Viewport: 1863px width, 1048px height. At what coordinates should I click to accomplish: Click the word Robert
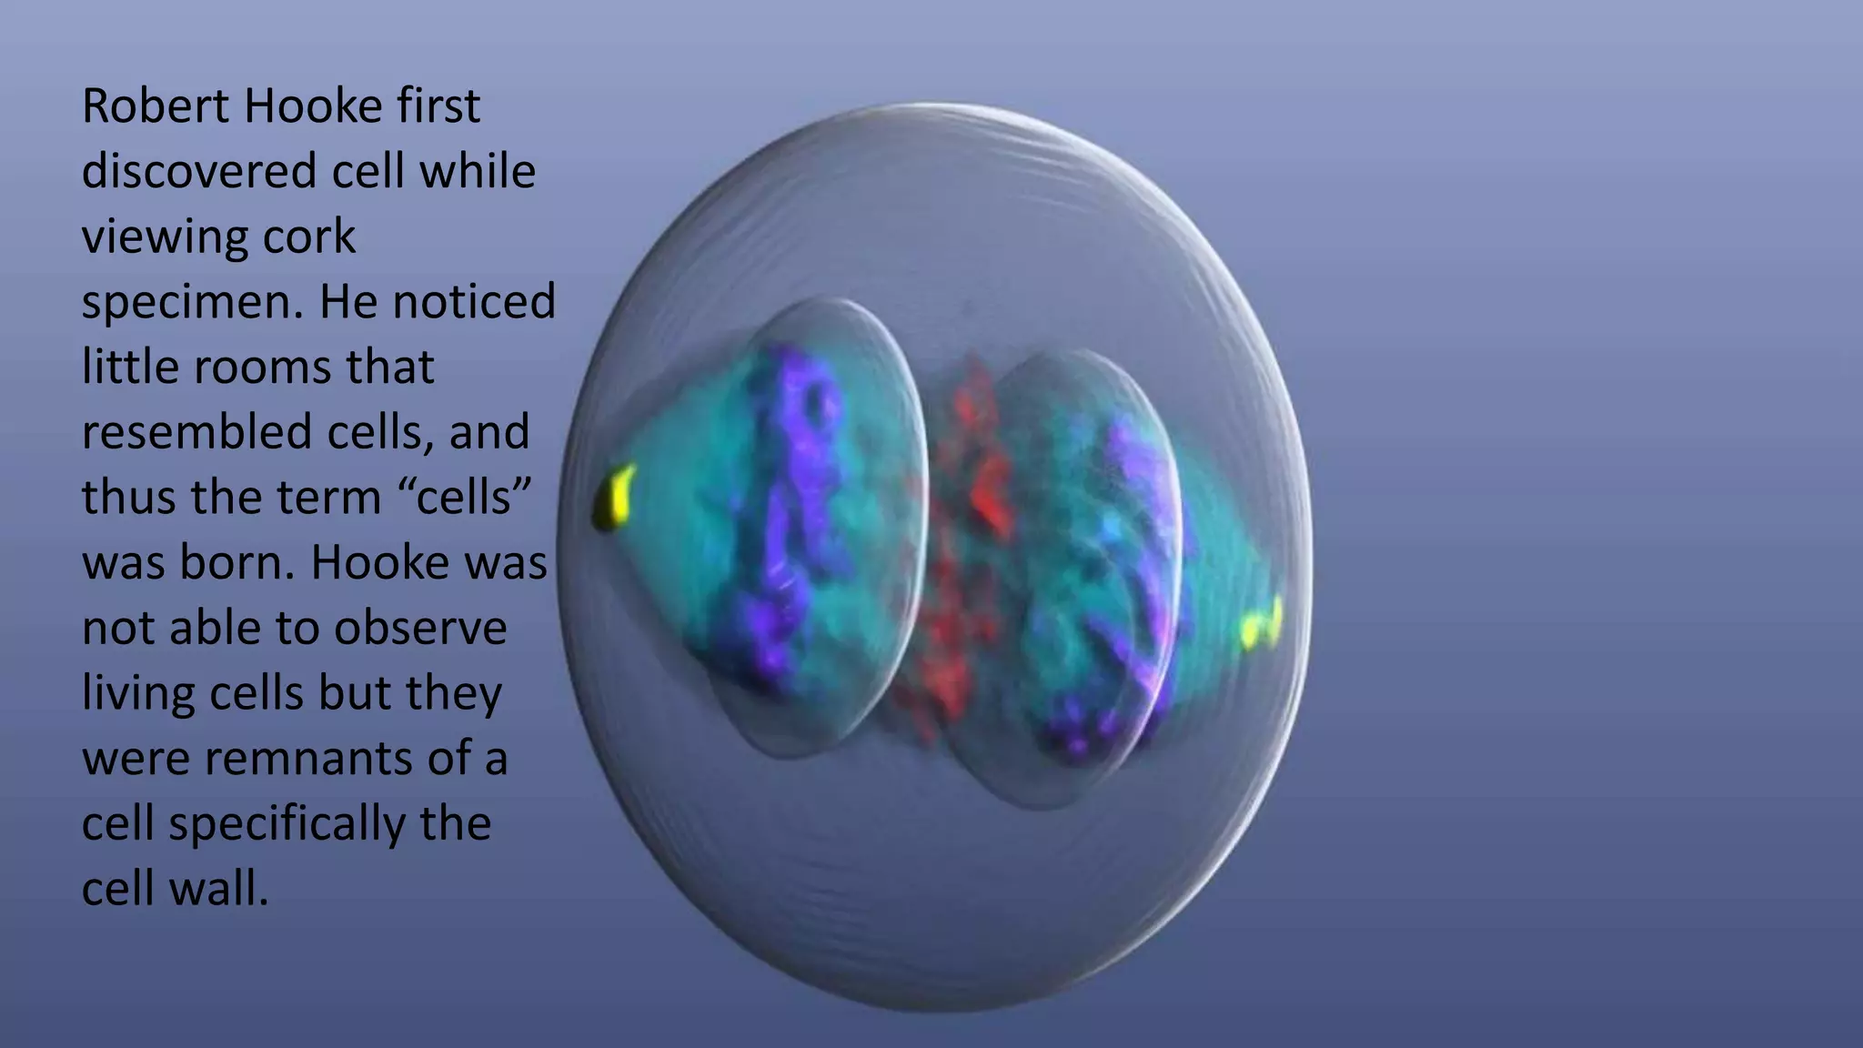[155, 106]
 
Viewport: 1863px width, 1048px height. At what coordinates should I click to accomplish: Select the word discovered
[198, 172]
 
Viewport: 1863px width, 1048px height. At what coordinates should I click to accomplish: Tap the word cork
[309, 237]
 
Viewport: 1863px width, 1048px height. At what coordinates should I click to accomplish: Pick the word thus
[131, 498]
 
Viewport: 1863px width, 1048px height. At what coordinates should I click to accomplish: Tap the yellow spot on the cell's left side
[615, 497]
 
